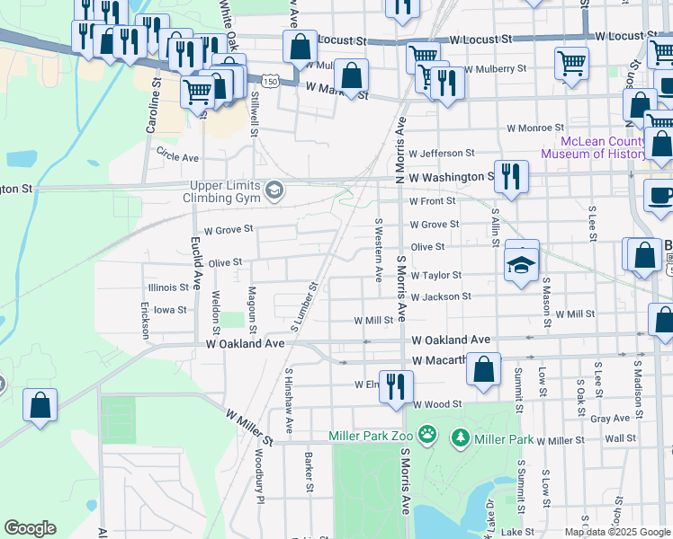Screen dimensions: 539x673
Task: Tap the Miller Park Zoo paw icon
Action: pyautogui.click(x=427, y=437)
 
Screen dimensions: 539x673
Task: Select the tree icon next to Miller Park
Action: pyautogui.click(x=461, y=437)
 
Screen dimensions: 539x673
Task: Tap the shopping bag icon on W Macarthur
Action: pyautogui.click(x=484, y=368)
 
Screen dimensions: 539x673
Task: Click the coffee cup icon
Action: pyautogui.click(x=660, y=195)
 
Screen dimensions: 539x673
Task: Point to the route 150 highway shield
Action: pyautogui.click(x=271, y=81)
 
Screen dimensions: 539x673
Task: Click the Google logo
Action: pyautogui.click(x=30, y=528)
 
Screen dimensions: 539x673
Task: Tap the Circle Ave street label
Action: pyautogui.click(x=177, y=156)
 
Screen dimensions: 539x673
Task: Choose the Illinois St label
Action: pyautogui.click(x=166, y=288)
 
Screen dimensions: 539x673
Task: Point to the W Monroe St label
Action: pyautogui.click(x=534, y=128)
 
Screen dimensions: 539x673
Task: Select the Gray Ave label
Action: pyautogui.click(x=610, y=419)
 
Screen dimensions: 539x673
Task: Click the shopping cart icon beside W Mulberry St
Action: pyautogui.click(x=571, y=63)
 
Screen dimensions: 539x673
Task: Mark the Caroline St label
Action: pyautogui.click(x=154, y=105)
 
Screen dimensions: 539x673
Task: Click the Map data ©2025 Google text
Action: pyautogui.click(x=617, y=532)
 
